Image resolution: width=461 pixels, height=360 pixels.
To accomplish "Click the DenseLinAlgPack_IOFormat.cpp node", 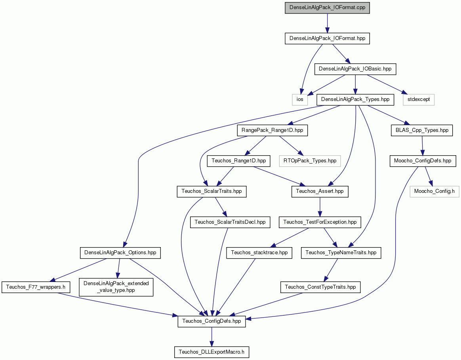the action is (x=327, y=8).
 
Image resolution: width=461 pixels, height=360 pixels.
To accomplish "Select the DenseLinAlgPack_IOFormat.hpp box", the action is (x=327, y=38).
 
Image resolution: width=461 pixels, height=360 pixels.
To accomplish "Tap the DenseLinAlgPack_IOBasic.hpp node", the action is (x=355, y=69).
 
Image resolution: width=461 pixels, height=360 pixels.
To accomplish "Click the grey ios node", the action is (x=300, y=100).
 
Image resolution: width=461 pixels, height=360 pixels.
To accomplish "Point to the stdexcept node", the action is (x=419, y=100).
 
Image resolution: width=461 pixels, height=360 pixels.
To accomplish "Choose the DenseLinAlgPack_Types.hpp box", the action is (x=355, y=100).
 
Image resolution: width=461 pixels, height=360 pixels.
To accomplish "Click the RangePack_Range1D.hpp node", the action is (x=272, y=130).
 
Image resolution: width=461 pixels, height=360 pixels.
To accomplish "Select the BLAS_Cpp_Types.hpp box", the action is (x=422, y=130).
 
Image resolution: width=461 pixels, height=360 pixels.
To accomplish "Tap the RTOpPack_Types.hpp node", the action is (x=310, y=161).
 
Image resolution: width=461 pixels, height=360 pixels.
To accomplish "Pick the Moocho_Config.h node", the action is (x=434, y=191).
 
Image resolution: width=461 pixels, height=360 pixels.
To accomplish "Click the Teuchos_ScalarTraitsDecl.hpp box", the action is (x=230, y=222).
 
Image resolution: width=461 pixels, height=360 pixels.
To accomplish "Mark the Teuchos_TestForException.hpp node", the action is (x=320, y=222).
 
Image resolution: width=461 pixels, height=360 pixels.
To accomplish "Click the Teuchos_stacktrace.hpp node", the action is (x=259, y=253).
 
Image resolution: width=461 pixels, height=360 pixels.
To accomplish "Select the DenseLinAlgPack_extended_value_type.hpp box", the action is (x=116, y=287).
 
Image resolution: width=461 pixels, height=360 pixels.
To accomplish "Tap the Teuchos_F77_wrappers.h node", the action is (x=36, y=287).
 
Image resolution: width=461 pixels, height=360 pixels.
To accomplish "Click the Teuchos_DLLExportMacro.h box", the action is (x=211, y=352).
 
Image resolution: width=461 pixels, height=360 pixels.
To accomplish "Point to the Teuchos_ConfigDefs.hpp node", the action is (x=211, y=321).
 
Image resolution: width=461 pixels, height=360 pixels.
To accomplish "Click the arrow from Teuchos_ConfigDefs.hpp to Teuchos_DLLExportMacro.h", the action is (x=211, y=337).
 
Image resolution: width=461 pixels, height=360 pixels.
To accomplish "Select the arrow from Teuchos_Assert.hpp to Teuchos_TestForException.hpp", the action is (x=320, y=207).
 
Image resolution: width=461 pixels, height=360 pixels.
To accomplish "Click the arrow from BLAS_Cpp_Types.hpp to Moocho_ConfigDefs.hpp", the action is (x=422, y=146).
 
